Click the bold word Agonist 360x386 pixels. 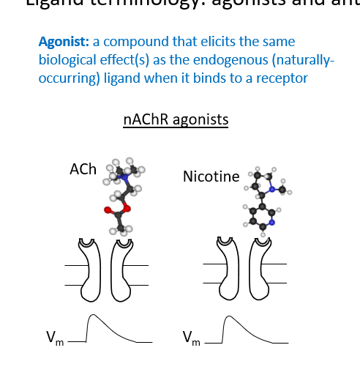tap(63, 42)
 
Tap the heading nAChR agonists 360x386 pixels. tap(176, 119)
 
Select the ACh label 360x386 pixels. tap(83, 169)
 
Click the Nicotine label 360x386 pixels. tap(211, 177)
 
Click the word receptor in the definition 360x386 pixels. tap(282, 78)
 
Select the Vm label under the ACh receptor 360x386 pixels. tap(54, 338)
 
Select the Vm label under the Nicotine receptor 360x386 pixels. tap(190, 338)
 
